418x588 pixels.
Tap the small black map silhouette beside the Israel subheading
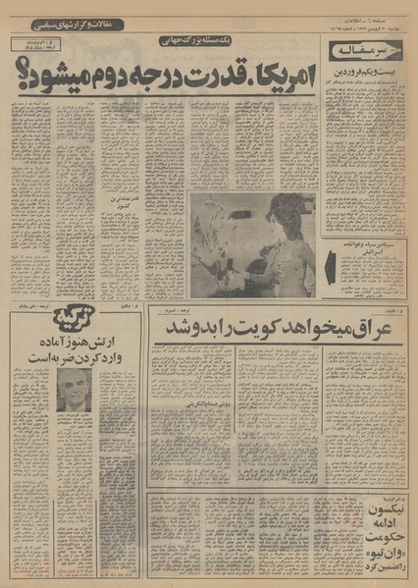pyautogui.click(x=332, y=266)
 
